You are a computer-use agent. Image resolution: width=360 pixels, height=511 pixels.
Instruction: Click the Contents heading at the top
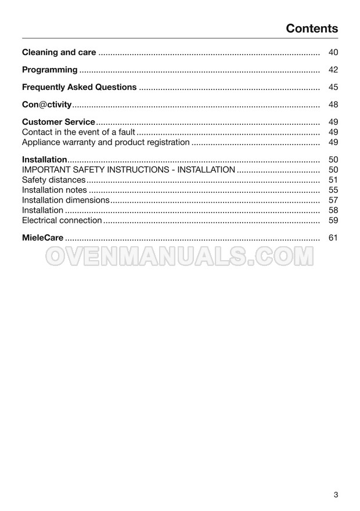pyautogui.click(x=312, y=28)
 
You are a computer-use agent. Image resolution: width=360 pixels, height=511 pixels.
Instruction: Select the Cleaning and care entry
pyautogui.click(x=59, y=52)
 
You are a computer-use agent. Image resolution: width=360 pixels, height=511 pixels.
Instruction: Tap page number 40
pyautogui.click(x=333, y=52)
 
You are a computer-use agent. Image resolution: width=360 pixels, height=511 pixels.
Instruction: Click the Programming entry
pyautogui.click(x=49, y=70)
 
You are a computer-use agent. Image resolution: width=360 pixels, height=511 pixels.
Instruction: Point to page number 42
pyautogui.click(x=333, y=70)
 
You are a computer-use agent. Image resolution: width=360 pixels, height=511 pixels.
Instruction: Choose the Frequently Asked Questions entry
pyautogui.click(x=79, y=87)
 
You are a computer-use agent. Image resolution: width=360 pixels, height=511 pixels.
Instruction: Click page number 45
pyautogui.click(x=333, y=87)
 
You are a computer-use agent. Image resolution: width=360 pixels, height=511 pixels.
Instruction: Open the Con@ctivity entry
pyautogui.click(x=46, y=105)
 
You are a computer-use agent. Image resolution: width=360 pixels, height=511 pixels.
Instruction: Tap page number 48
pyautogui.click(x=333, y=105)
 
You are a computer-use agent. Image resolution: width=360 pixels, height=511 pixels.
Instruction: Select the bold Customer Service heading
pyautogui.click(x=58, y=122)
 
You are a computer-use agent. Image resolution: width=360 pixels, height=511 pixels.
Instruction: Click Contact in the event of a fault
pyautogui.click(x=78, y=132)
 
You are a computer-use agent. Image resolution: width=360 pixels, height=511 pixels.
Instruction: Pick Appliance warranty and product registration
pyautogui.click(x=106, y=142)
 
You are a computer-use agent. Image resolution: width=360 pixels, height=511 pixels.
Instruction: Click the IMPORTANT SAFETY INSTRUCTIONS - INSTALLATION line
pyautogui.click(x=128, y=170)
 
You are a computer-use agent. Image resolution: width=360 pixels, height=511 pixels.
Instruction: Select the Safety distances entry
pyautogui.click(x=53, y=180)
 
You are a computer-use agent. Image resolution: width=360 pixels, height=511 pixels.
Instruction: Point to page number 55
pyautogui.click(x=333, y=190)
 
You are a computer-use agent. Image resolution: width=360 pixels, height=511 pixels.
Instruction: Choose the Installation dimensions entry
pyautogui.click(x=66, y=200)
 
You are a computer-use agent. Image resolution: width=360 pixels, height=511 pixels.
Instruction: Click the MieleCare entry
pyautogui.click(x=42, y=237)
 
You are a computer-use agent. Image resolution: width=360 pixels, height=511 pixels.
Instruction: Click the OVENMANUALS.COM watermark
pyautogui.click(x=179, y=256)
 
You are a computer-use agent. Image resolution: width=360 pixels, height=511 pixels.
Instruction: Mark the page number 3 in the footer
pyautogui.click(x=336, y=495)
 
